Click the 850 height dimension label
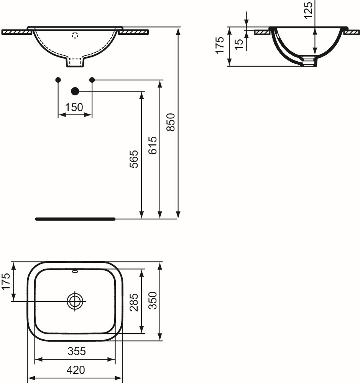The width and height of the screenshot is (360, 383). [171, 122]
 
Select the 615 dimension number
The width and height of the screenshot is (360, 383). [153, 145]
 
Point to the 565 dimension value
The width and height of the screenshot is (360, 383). [134, 159]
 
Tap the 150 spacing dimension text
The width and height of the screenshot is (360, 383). [74, 107]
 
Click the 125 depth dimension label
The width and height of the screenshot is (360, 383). [308, 10]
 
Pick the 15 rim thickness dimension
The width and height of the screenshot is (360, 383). [239, 44]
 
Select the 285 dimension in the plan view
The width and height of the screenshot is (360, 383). [134, 302]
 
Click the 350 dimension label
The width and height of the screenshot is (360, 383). [153, 300]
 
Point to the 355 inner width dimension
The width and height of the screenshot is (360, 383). [77, 351]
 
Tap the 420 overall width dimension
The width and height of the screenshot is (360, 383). [76, 370]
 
